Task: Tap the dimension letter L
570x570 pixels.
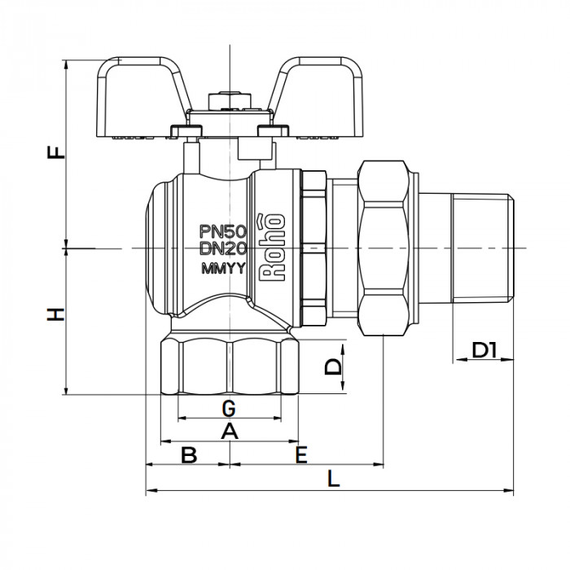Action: point(333,480)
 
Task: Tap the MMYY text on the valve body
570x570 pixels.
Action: point(220,269)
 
